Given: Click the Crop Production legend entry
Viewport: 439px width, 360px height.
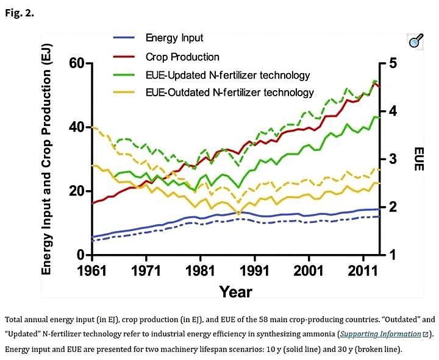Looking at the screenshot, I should click(x=182, y=57).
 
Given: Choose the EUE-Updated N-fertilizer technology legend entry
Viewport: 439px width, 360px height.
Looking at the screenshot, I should click(x=227, y=75).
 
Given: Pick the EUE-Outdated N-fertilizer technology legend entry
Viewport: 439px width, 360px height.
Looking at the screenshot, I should click(x=229, y=93).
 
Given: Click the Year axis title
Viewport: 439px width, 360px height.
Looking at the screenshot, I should click(x=235, y=291).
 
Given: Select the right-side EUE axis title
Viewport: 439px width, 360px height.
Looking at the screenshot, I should click(x=418, y=159).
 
